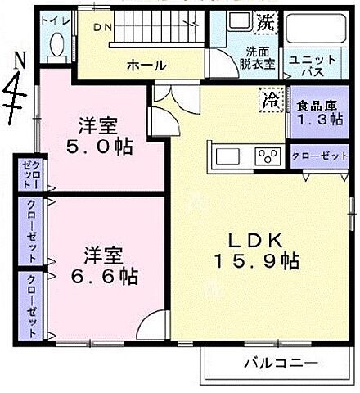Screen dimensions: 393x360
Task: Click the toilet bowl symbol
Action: pyautogui.click(x=54, y=47)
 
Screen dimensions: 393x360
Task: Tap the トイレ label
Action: pyautogui.click(x=55, y=19)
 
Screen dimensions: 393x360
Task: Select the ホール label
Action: pyautogui.click(x=147, y=65)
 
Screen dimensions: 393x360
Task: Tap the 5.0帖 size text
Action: pyautogui.click(x=100, y=148)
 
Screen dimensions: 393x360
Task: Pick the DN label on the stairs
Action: pyautogui.click(x=101, y=28)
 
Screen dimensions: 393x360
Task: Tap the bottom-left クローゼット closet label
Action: pyautogui.click(x=32, y=306)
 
